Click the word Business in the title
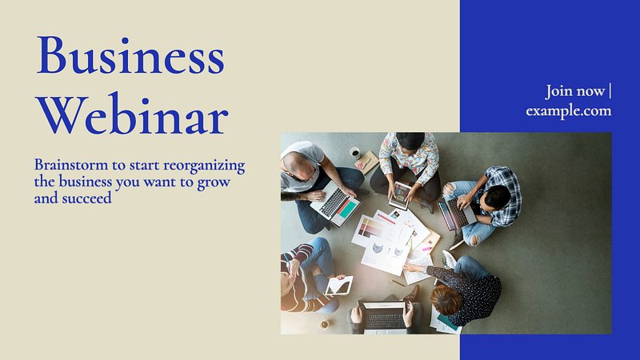130,55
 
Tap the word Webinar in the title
132,114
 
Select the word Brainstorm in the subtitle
71,165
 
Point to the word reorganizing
204,166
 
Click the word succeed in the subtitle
86,198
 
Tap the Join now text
575,91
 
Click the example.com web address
569,111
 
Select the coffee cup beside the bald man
355,153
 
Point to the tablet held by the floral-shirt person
400,195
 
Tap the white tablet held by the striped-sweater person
339,286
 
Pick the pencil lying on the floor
398,283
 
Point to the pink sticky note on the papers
427,248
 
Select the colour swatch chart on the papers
371,228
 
